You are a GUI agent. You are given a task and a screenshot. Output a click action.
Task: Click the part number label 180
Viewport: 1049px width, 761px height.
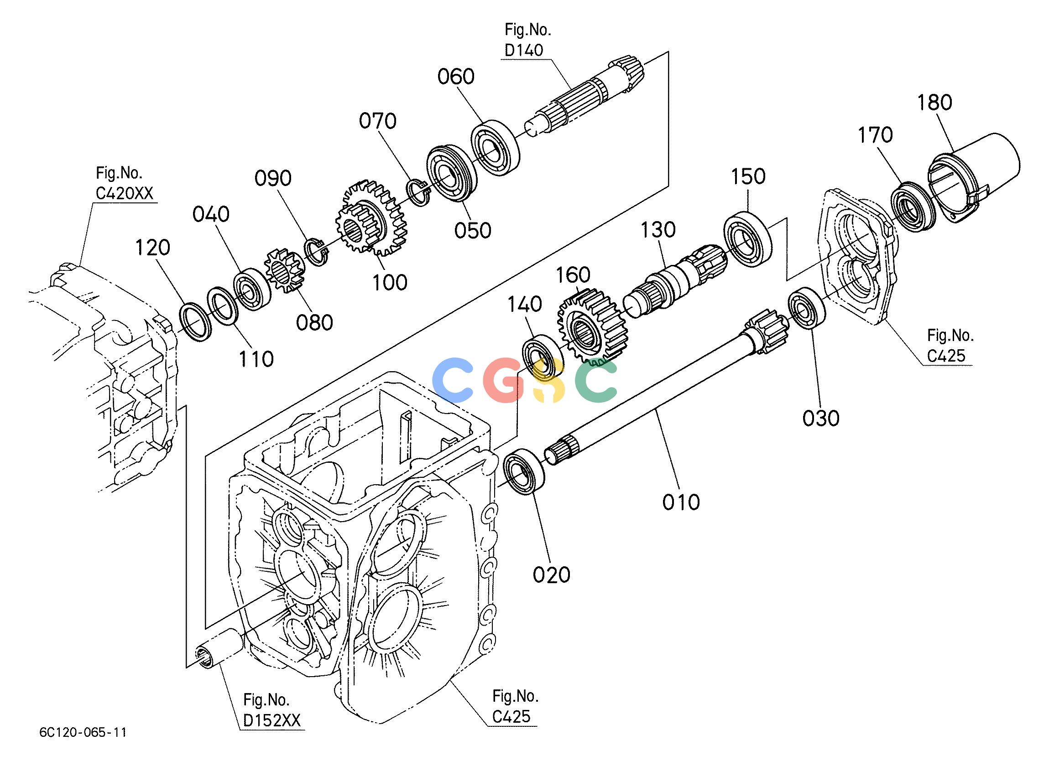[x=935, y=102]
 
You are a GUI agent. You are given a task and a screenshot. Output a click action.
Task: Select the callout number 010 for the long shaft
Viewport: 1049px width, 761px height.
[x=681, y=502]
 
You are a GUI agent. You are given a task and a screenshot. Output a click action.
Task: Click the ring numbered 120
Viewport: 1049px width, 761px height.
[x=194, y=322]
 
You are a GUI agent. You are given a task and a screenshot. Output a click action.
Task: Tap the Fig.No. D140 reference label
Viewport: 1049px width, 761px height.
[x=527, y=40]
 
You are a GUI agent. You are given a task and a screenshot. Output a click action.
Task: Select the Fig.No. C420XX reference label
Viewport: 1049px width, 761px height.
[x=124, y=184]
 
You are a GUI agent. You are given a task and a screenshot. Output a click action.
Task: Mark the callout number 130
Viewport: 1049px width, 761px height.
[x=658, y=230]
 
